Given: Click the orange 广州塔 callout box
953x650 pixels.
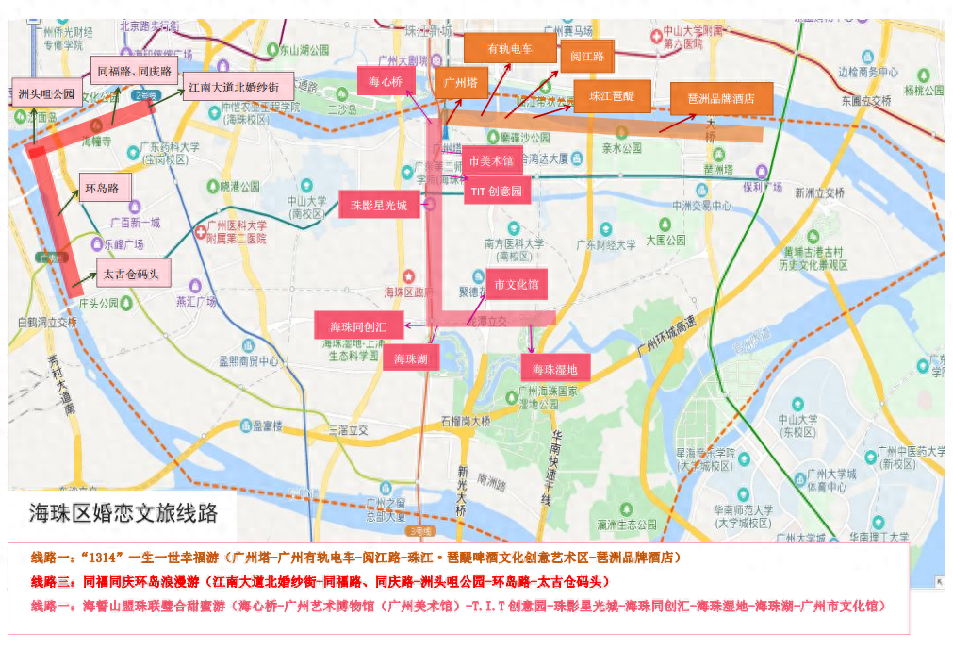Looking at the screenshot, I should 461,83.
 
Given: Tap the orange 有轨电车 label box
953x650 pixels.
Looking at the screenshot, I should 510,48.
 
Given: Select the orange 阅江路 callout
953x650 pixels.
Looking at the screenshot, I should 586,57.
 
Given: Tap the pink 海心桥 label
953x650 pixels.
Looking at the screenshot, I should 385,81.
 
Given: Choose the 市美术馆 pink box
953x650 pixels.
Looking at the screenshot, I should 491,160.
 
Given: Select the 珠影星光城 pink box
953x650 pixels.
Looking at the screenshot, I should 379,204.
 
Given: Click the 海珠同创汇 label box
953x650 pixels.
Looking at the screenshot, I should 358,326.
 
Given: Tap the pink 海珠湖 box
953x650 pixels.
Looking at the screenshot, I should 411,358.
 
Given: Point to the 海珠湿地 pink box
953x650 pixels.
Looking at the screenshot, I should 555,368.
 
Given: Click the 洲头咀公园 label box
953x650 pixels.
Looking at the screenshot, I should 46,93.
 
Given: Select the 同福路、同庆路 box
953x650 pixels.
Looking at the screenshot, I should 135,71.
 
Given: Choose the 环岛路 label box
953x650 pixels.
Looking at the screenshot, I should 104,188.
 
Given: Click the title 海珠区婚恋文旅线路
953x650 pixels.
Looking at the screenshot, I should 123,513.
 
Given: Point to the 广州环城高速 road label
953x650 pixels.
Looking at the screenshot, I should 672,334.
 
